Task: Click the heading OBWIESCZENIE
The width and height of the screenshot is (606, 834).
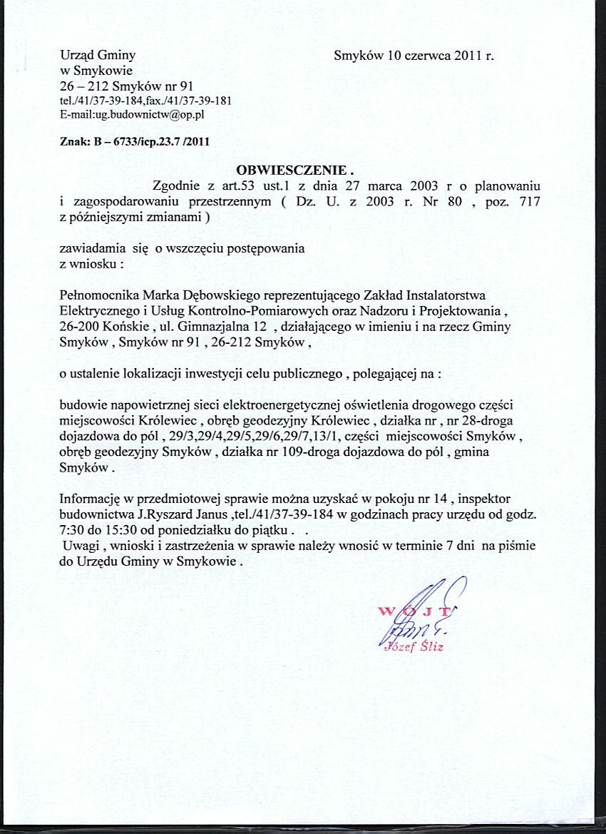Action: point(294,171)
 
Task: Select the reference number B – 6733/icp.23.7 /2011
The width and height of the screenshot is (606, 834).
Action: point(150,141)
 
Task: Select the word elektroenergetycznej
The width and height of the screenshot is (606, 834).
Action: point(288,405)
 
